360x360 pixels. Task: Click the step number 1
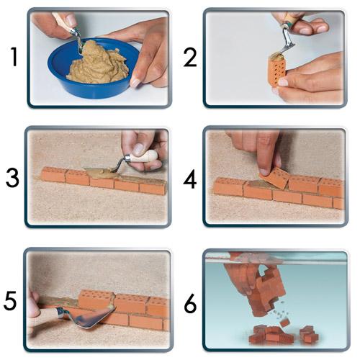(x=14, y=57)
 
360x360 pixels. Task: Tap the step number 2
(x=190, y=57)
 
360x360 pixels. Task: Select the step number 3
(x=12, y=178)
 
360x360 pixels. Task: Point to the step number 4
(x=190, y=179)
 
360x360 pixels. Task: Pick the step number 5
(x=10, y=300)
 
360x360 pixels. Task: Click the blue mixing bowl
(x=92, y=70)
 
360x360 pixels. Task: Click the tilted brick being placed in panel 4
(x=276, y=177)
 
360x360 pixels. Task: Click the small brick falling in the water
(x=284, y=323)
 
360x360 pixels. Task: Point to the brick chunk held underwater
(x=266, y=292)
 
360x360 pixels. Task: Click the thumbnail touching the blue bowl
(x=135, y=82)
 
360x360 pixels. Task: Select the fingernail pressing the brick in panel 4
(x=264, y=171)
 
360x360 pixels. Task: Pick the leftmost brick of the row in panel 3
(x=53, y=174)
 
